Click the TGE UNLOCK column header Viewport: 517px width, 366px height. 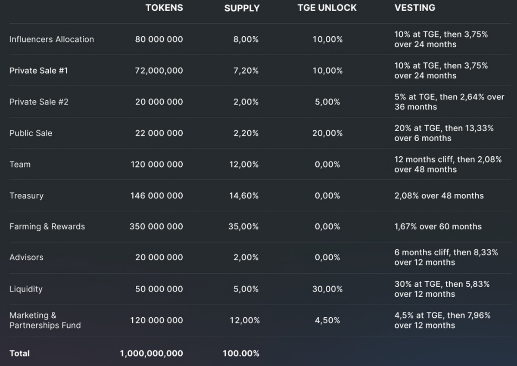coord(327,8)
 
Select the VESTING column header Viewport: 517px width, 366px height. coord(414,8)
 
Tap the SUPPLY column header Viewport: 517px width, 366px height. coord(242,8)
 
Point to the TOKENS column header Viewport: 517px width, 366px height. coord(164,8)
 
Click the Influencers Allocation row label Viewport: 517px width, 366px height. coord(52,39)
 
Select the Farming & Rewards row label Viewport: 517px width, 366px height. coord(47,226)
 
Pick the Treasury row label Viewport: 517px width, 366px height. coord(26,195)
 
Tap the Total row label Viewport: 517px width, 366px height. coord(20,353)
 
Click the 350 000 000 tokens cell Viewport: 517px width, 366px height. coord(156,226)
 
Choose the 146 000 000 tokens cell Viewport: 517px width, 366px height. coord(156,195)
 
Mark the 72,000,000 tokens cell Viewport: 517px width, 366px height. coord(159,71)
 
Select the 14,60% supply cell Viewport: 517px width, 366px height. coord(243,195)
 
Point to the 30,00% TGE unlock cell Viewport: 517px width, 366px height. coord(327,289)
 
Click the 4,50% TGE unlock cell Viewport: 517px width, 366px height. coord(327,320)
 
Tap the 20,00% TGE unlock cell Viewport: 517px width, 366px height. coord(327,133)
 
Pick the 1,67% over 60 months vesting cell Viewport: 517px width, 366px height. coord(438,226)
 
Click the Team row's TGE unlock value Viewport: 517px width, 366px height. coord(327,164)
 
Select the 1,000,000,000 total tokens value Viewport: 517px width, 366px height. coord(151,354)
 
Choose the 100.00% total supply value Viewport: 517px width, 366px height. coord(241,354)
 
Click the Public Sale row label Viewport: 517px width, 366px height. coord(31,133)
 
